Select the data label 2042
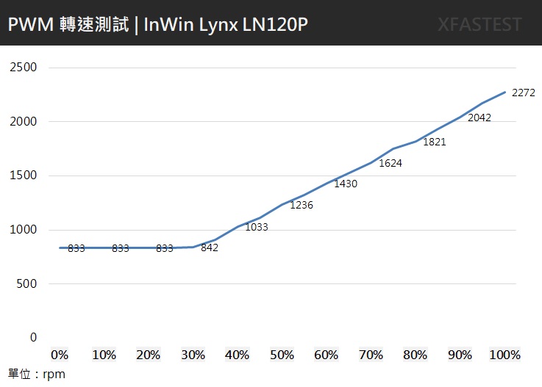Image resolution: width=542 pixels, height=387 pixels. click(x=479, y=117)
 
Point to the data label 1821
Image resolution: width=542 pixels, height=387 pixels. click(x=435, y=142)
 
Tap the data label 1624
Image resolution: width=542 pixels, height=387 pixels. click(x=391, y=163)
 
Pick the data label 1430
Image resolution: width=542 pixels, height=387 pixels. click(x=346, y=184)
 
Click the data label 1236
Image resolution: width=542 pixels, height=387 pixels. click(x=302, y=205)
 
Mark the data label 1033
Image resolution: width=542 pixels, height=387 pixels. click(x=257, y=227)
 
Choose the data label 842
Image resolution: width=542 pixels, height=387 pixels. click(x=210, y=247)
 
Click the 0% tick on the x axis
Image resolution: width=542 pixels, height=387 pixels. click(x=60, y=355)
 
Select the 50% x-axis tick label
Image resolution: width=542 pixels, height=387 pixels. click(x=282, y=355)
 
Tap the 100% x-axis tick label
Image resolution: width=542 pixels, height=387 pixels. click(x=504, y=355)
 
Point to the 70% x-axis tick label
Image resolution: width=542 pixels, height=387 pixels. click(x=371, y=355)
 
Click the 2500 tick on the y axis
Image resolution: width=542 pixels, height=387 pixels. click(x=24, y=68)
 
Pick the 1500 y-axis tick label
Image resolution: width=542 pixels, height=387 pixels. click(x=24, y=176)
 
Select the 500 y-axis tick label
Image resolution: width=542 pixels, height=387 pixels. click(x=27, y=283)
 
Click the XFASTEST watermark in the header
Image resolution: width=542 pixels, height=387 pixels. click(x=479, y=24)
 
